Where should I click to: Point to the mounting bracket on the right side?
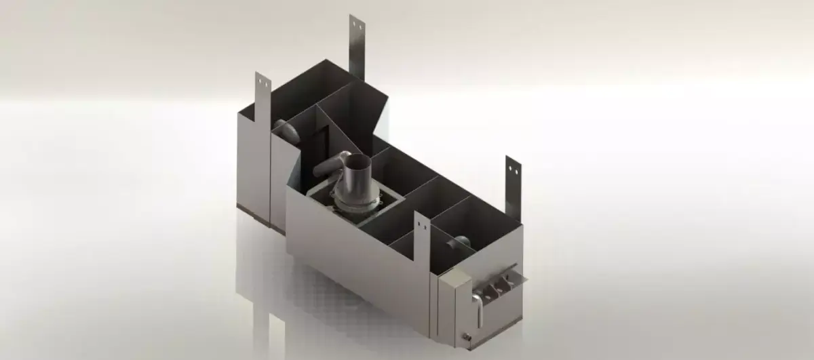512,183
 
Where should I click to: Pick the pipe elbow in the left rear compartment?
286,130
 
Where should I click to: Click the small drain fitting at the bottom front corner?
467,336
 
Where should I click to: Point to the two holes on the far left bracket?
263,83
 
